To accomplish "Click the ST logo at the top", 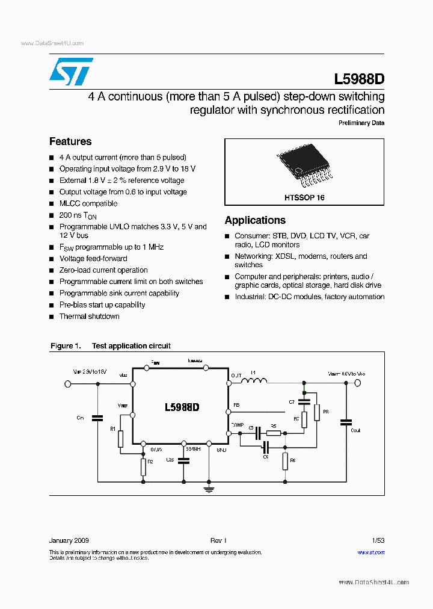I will coord(70,72).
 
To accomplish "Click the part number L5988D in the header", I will coord(359,79).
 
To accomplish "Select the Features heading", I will coord(70,141).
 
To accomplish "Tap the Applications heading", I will coord(255,220).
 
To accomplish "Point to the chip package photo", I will coord(304,166).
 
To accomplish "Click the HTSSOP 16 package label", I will coord(304,197).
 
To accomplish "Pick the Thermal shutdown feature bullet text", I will coord(89,317).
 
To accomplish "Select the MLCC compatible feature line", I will coord(88,203).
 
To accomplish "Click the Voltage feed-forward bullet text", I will coord(93,259).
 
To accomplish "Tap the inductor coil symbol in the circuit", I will coord(254,380).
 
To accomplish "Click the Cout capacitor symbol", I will coord(346,422).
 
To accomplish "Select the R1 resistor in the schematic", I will coord(121,439).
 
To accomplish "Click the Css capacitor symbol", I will coord(184,460).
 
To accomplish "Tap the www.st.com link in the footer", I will coord(371,552).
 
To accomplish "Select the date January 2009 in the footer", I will coord(69,541).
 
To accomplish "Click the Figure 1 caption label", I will coord(65,346).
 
